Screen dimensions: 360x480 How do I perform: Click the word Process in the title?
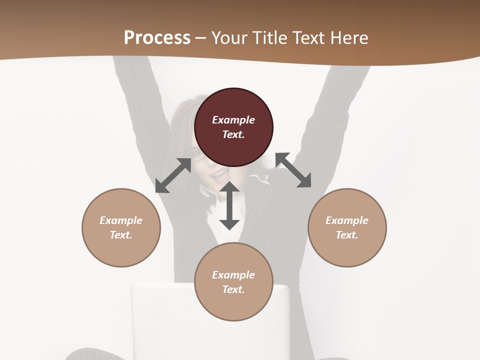(x=157, y=38)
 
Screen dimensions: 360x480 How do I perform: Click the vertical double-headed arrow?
(x=229, y=206)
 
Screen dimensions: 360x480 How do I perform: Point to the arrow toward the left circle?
(x=173, y=175)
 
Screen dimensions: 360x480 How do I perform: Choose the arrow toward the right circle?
(x=293, y=170)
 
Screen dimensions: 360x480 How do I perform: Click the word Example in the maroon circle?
(x=233, y=120)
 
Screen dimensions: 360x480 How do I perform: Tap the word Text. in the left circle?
(x=121, y=235)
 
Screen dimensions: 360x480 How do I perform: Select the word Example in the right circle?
(x=347, y=220)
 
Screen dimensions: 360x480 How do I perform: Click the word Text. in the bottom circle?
(x=233, y=289)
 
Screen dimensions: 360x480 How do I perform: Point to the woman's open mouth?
(x=218, y=175)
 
